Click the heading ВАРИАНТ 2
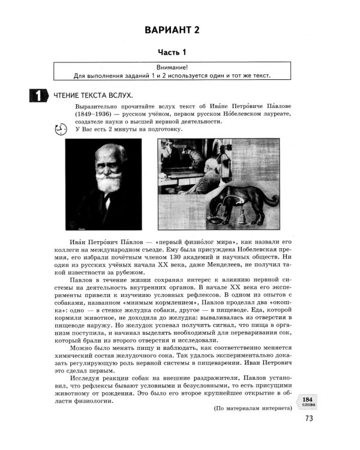[x=179, y=30]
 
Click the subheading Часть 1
[x=179, y=53]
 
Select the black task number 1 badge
[x=37, y=95]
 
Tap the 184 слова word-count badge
[x=307, y=401]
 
